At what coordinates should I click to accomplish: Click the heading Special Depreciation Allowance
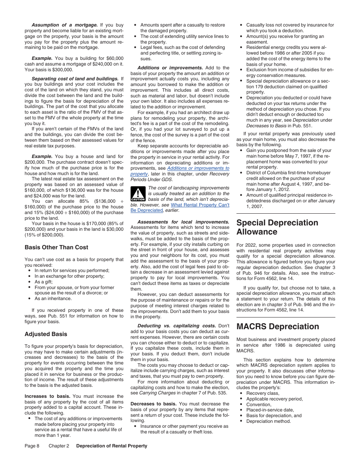point(277,227)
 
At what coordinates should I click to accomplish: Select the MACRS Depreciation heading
point(277,327)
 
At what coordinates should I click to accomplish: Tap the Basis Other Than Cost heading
point(56,247)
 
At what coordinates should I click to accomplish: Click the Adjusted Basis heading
point(46,334)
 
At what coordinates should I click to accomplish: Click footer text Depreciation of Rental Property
point(111,446)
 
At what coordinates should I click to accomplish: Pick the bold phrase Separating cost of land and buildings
point(75,79)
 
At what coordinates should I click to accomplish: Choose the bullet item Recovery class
point(262,393)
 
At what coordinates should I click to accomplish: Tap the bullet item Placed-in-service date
point(270,410)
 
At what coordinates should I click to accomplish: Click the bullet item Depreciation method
point(268,421)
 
